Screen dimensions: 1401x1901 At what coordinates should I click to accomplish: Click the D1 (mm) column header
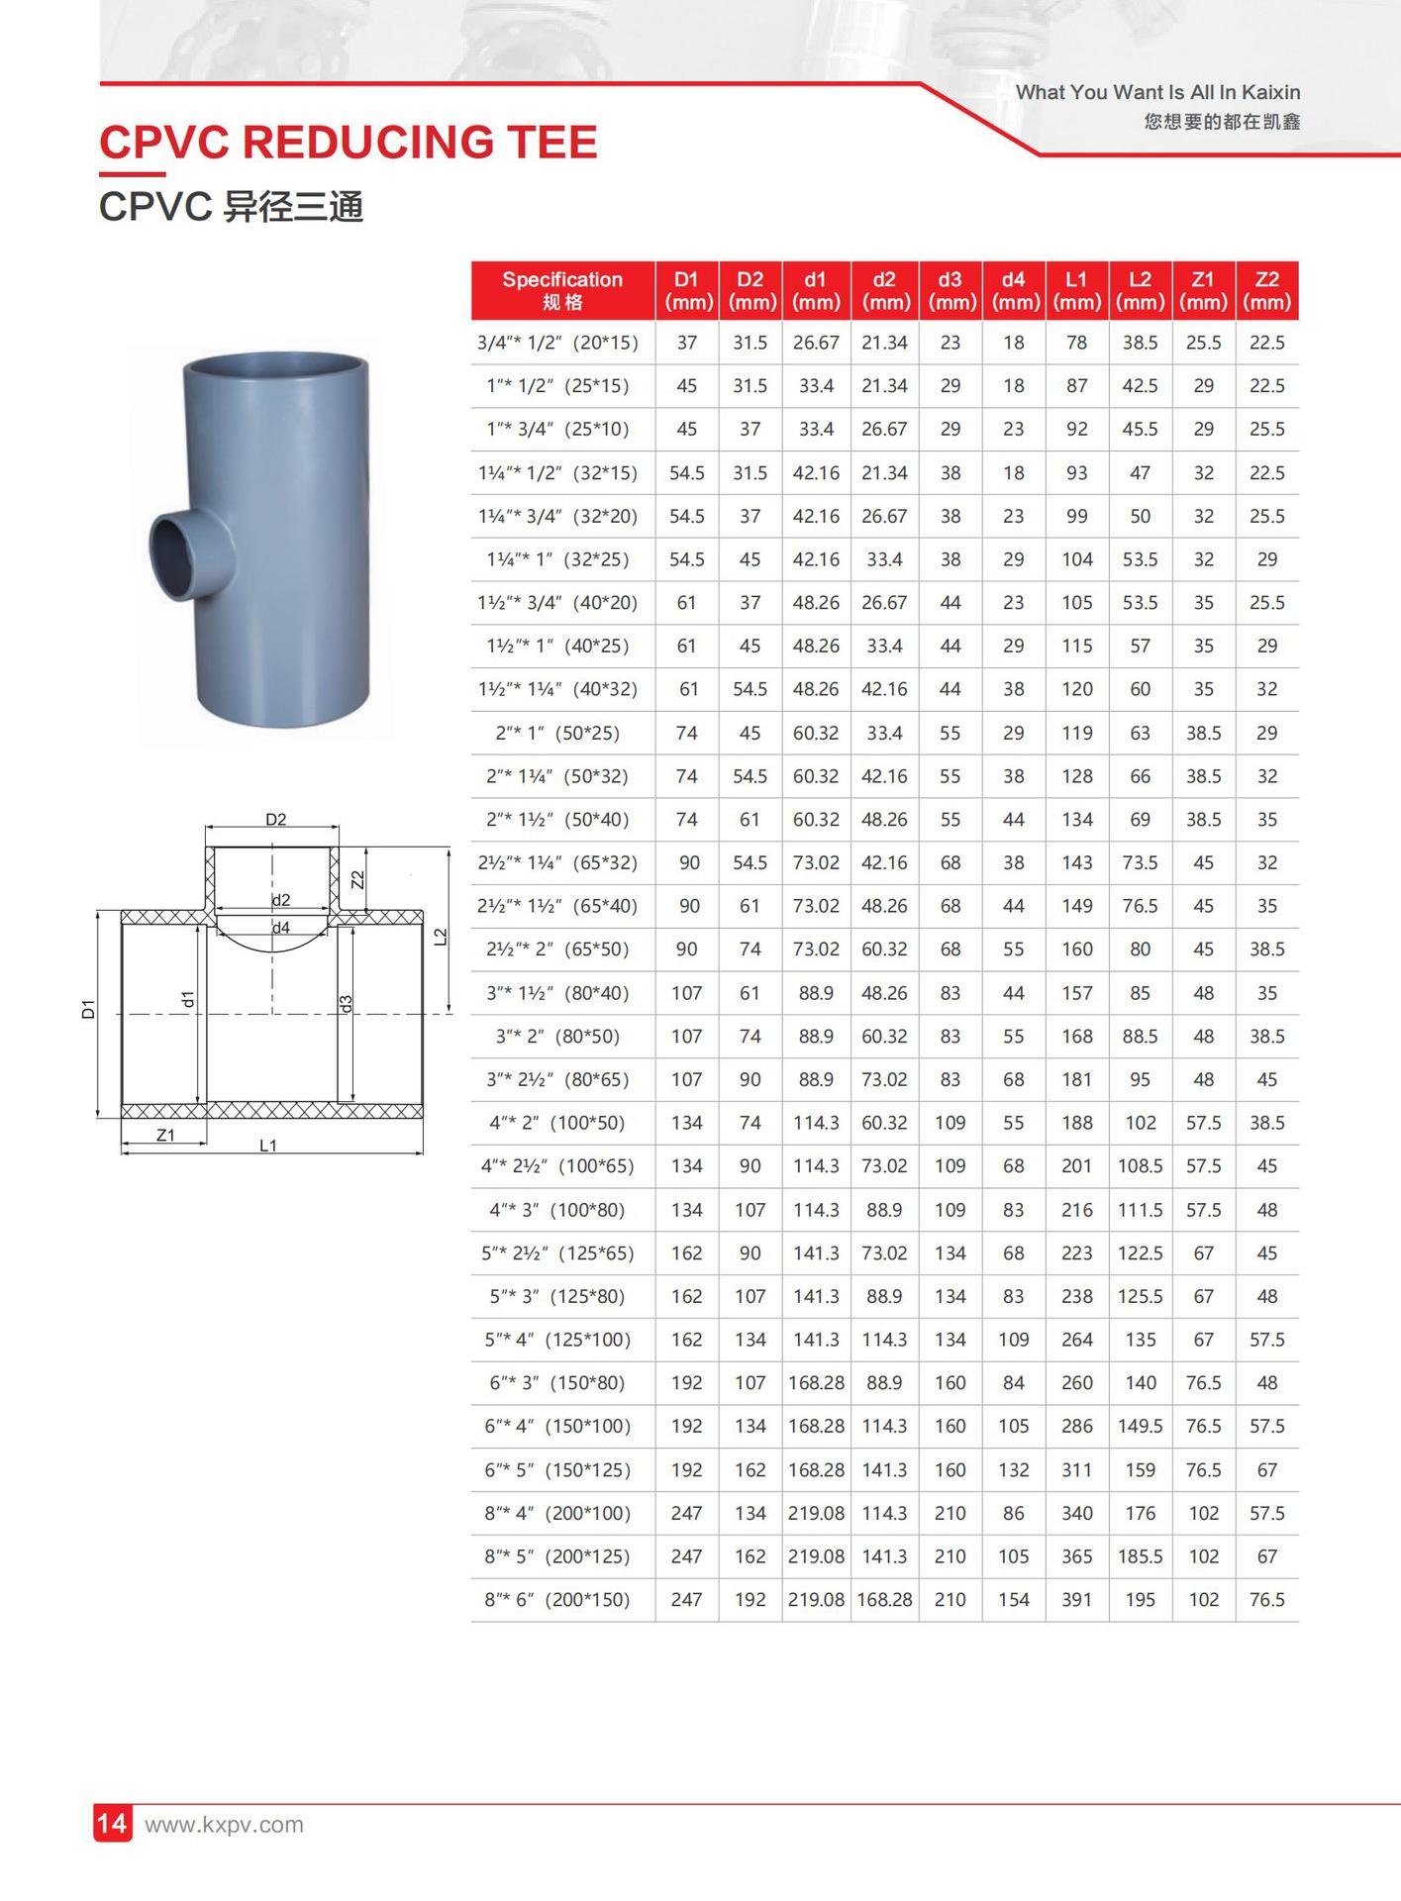(x=687, y=291)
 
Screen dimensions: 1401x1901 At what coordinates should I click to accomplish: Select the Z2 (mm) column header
(x=1267, y=291)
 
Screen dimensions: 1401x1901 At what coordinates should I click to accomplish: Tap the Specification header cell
(x=562, y=291)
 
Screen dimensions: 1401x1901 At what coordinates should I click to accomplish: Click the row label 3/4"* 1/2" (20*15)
(x=557, y=343)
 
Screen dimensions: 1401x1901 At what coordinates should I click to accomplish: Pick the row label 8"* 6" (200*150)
(x=557, y=1599)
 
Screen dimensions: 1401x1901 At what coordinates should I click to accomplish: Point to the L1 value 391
(x=1077, y=1599)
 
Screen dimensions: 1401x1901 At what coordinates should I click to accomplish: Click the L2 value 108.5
(x=1141, y=1165)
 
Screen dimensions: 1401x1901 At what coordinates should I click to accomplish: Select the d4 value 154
(x=1014, y=1599)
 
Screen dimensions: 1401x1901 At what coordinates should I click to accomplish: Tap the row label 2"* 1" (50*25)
(x=557, y=733)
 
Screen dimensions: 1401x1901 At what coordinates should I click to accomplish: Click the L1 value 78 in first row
(x=1077, y=343)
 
